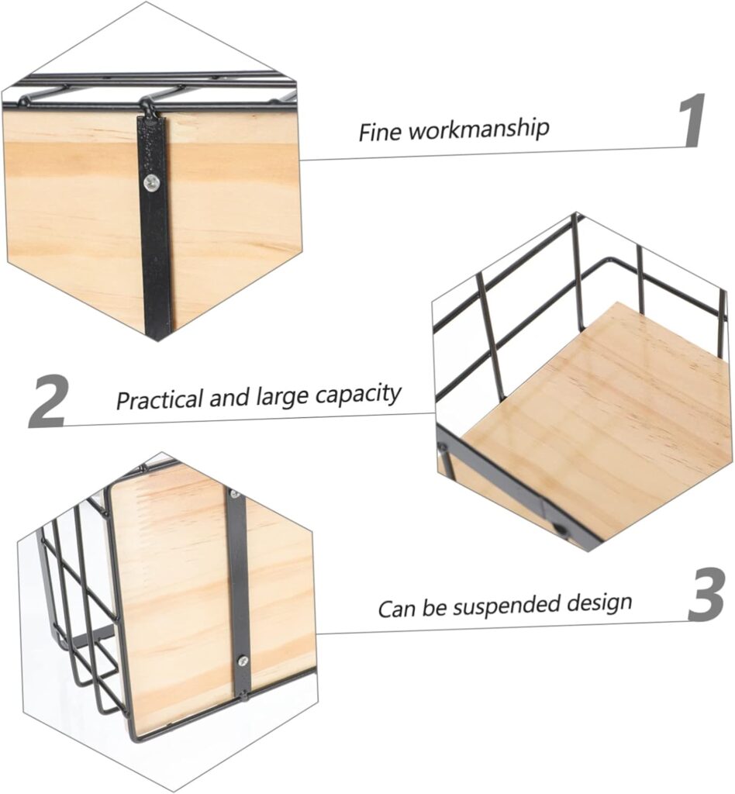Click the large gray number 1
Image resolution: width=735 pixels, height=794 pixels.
[692, 120]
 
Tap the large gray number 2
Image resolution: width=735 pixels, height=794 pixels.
[47, 401]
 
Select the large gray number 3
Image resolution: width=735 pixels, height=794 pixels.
[706, 594]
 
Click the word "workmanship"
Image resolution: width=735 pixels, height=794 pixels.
[479, 128]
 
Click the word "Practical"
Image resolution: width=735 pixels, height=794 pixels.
[160, 399]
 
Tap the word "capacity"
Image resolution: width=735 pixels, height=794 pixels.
[358, 394]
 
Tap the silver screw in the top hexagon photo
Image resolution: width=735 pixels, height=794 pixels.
[151, 182]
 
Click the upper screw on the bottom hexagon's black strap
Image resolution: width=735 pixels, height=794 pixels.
[234, 494]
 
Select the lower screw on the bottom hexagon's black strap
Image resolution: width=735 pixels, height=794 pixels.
[243, 661]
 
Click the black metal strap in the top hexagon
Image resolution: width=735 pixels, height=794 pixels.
[154, 226]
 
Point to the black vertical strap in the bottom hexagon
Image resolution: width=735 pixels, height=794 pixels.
[238, 593]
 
